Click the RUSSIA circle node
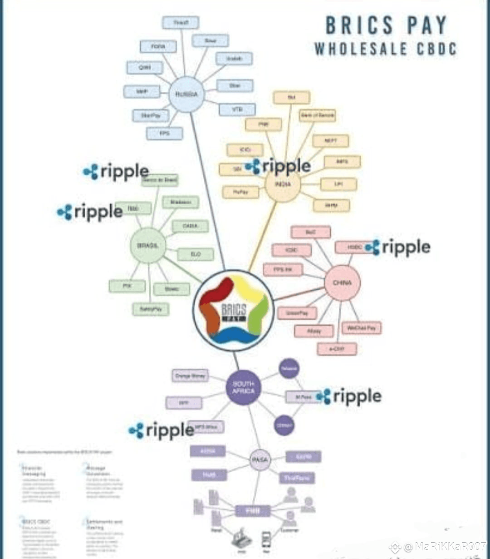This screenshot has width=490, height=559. tap(186, 94)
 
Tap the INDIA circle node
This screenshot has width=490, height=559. tap(283, 184)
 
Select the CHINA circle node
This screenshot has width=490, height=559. tap(342, 282)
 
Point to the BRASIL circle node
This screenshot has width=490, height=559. tap(148, 246)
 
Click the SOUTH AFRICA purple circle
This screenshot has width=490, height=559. tap(244, 387)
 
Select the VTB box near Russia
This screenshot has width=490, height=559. tap(237, 109)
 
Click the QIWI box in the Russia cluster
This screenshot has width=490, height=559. tap(144, 68)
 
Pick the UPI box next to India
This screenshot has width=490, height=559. tap(338, 184)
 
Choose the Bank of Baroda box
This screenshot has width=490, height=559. tap(318, 115)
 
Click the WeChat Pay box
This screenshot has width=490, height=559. tap(361, 328)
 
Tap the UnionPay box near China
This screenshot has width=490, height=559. tap(297, 313)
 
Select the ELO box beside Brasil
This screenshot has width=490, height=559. tap(196, 254)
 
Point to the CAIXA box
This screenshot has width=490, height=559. tap(190, 226)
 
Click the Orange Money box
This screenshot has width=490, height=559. tap(190, 376)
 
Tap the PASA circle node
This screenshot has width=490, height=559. tap(260, 460)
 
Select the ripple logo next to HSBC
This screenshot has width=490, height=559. tap(398, 247)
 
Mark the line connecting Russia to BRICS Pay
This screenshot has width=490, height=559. tap(208, 191)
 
